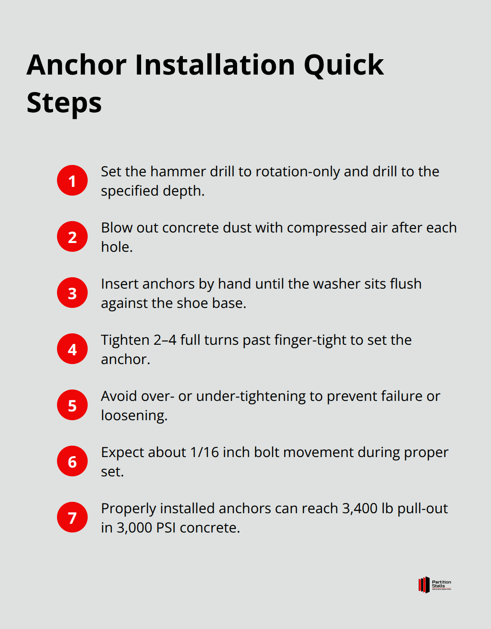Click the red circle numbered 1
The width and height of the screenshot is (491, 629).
(x=72, y=180)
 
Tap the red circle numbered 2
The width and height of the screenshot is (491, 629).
(x=72, y=236)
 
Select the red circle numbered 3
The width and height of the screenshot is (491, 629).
(x=72, y=293)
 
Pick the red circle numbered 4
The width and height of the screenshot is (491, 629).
(x=72, y=349)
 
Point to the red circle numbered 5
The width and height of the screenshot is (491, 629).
(x=72, y=405)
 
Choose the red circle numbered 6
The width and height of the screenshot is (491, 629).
(x=72, y=461)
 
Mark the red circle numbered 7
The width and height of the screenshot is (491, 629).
(x=72, y=517)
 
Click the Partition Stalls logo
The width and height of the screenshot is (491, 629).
(x=434, y=585)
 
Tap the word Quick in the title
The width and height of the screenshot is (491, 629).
(x=343, y=65)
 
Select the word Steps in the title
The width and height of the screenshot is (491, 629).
(x=64, y=104)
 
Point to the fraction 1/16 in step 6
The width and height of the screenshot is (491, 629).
(x=204, y=452)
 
